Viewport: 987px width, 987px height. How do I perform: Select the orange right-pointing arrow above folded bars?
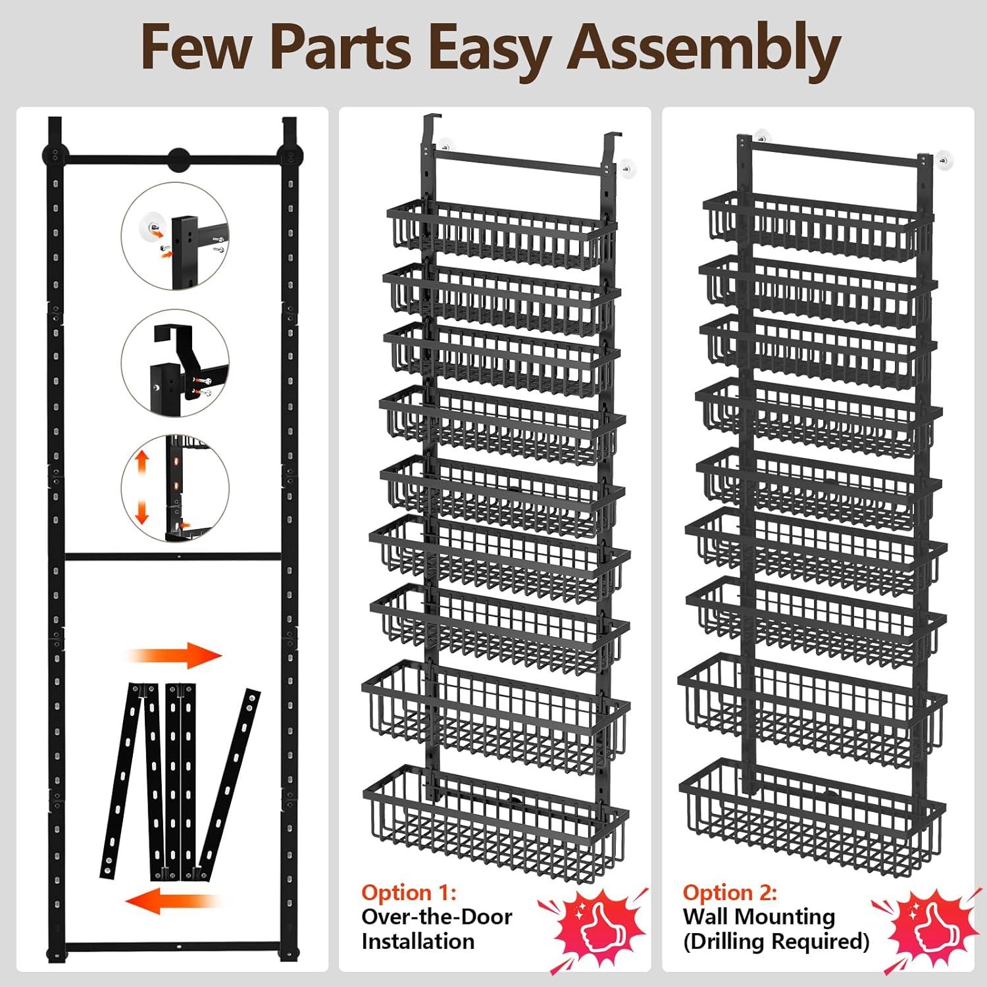(175, 655)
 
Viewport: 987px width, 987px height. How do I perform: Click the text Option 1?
(409, 893)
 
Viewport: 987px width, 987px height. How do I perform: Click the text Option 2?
(730, 893)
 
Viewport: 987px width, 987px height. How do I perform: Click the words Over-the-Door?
(436, 917)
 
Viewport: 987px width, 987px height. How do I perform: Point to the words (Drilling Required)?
(776, 942)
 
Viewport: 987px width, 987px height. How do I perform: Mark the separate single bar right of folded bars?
(230, 783)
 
